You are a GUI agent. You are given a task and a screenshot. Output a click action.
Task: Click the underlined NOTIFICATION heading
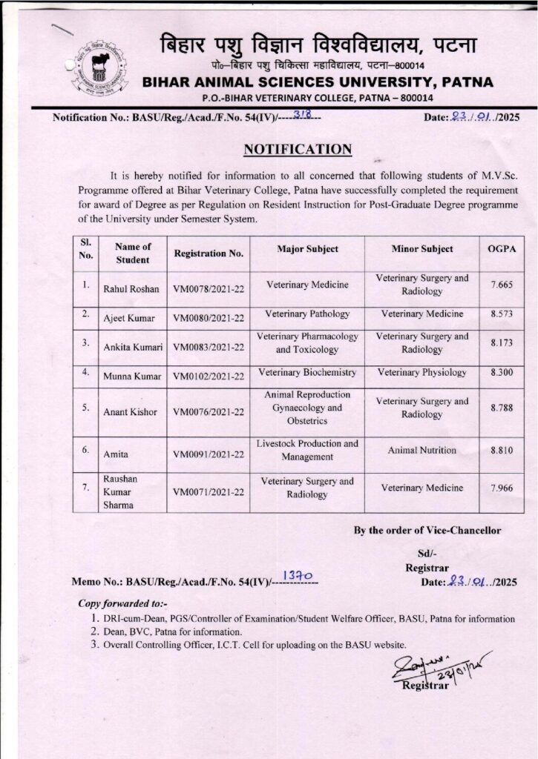coord(298,150)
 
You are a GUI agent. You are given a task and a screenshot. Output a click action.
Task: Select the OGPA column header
coord(502,249)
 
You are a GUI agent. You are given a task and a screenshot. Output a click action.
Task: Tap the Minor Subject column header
coord(421,249)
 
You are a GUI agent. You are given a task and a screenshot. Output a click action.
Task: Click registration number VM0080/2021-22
coord(209,319)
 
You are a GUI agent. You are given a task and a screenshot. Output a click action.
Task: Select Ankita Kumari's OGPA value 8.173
coord(502,344)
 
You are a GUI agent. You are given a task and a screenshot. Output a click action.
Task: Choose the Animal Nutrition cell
coord(421,449)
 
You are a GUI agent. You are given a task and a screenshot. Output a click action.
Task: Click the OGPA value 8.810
coord(502,449)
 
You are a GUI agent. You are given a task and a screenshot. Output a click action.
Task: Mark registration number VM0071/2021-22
coord(209,491)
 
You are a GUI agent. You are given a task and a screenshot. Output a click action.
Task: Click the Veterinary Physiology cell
coord(421,372)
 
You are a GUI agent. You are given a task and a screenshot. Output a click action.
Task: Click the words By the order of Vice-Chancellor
coord(427,530)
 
